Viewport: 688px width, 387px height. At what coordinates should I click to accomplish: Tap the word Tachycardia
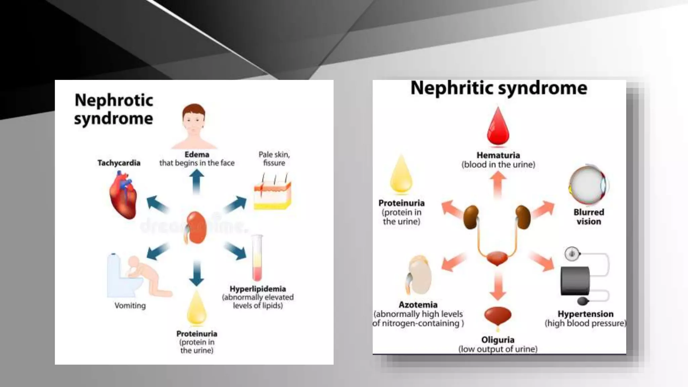(119, 163)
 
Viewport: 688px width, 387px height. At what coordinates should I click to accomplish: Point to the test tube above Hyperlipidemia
(257, 258)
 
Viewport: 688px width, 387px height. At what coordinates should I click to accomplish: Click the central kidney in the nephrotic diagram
(196, 228)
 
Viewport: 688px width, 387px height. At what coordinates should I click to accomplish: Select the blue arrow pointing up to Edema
(197, 181)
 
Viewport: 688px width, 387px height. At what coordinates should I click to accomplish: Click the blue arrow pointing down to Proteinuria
(197, 273)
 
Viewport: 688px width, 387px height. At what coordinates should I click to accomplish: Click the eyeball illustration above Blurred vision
(589, 185)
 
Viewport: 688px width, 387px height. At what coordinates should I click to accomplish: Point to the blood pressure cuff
(575, 281)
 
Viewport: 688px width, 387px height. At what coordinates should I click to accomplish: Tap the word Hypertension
(586, 314)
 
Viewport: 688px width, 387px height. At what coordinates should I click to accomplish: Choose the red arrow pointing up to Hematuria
(498, 185)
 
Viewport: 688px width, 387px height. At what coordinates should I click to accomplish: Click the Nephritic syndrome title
(499, 88)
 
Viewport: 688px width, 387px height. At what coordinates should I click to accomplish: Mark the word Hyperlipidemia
(258, 289)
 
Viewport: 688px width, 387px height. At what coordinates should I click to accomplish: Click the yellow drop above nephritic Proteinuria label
(401, 175)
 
